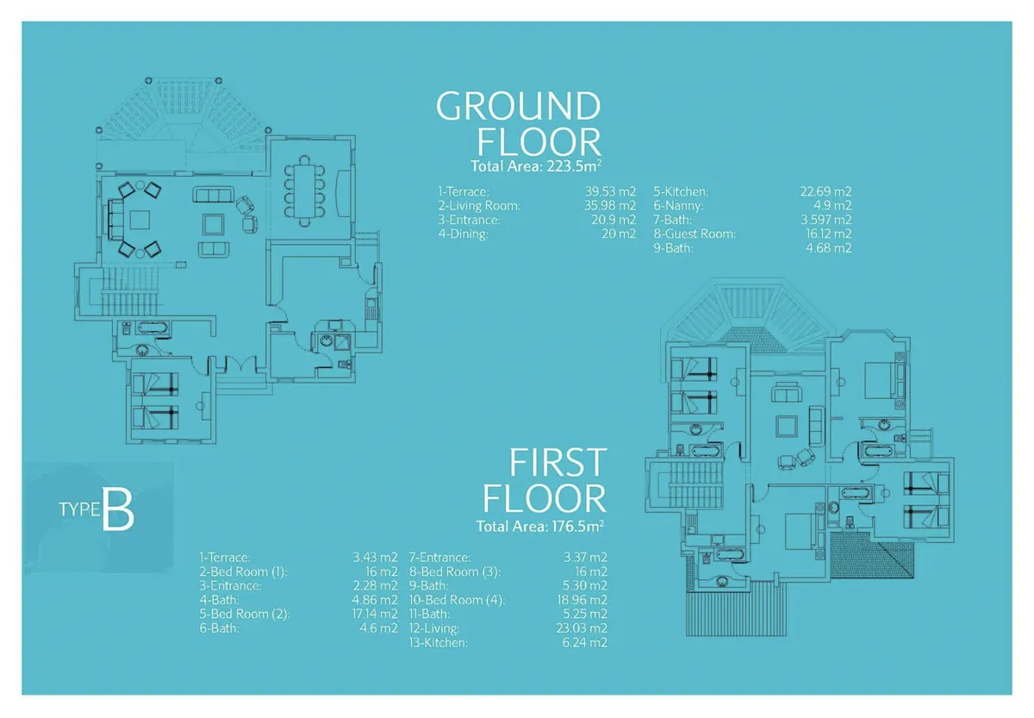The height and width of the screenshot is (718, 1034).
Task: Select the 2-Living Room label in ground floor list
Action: click(x=479, y=206)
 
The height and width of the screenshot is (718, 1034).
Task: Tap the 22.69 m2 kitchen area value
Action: click(x=825, y=191)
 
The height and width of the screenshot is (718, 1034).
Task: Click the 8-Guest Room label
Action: click(x=695, y=234)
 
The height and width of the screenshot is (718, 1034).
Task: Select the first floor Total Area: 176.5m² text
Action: click(x=540, y=526)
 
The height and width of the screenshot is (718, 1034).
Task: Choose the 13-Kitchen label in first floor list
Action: click(x=439, y=643)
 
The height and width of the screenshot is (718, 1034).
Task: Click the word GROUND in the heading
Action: click(x=518, y=107)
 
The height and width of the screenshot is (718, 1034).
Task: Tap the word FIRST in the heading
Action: click(x=558, y=464)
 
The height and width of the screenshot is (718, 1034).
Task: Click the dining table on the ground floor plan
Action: click(x=304, y=190)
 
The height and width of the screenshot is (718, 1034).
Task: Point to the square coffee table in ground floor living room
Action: click(x=213, y=224)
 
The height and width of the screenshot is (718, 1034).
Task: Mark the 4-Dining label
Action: click(x=464, y=234)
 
